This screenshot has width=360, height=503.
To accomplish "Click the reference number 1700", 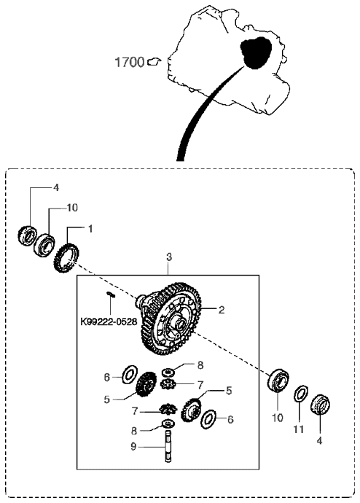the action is point(130,62).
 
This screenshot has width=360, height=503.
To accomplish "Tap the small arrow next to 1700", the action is point(154,61).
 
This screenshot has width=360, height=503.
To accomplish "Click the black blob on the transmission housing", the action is point(256,52).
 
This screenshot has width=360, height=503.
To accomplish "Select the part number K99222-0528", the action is point(109,321).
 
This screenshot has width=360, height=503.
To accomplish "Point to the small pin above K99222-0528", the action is point(111,294).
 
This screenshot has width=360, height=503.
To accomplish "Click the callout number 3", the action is point(169,257).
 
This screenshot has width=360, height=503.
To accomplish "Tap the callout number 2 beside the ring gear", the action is point(222,310).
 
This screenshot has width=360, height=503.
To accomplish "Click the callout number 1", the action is point(90,229).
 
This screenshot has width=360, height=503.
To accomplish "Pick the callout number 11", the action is point(299,429).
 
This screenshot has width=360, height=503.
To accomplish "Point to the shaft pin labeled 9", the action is point(168,446).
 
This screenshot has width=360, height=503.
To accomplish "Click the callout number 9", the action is point(133,447).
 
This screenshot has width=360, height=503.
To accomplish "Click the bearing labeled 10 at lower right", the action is point(278,380).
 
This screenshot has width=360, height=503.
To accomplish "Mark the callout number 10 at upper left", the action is point(72,208).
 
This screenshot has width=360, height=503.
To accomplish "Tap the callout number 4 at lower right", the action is point(319,441).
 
